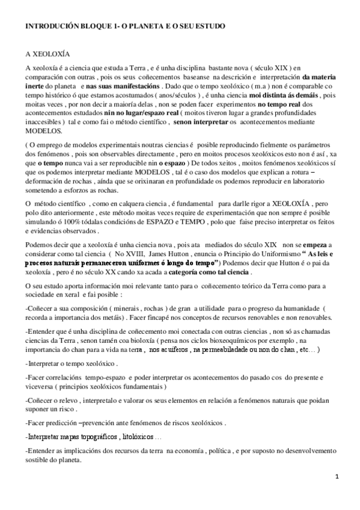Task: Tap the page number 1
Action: click(x=337, y=477)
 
